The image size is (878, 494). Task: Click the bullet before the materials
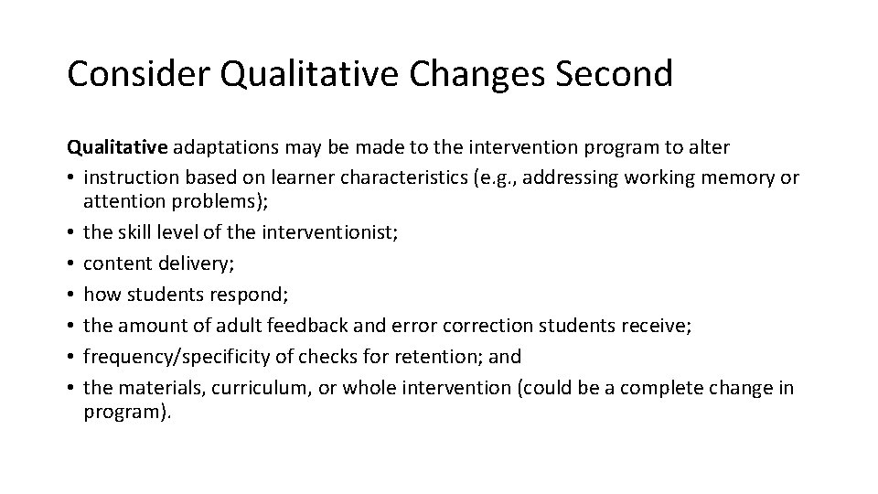[70, 388]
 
